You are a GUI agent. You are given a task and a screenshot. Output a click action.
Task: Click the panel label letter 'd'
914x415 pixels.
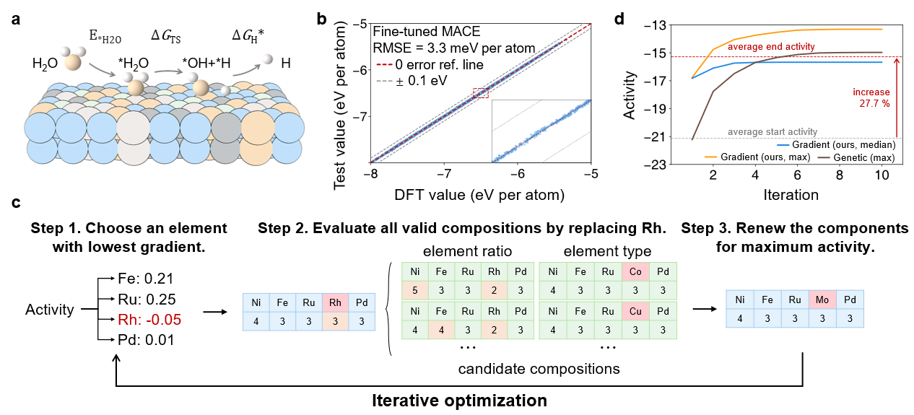pyautogui.click(x=618, y=19)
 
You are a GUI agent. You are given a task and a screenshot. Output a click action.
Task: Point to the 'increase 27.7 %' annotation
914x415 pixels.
pyautogui.click(x=871, y=98)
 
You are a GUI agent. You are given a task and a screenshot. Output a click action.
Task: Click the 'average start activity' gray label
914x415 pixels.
pyautogui.click(x=772, y=131)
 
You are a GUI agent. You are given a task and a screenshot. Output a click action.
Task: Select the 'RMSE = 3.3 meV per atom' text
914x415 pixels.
pyautogui.click(x=453, y=49)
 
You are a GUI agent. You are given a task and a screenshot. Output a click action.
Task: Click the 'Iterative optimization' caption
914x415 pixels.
pyautogui.click(x=458, y=399)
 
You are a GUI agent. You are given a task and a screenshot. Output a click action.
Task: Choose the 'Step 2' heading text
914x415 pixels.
pyautogui.click(x=462, y=229)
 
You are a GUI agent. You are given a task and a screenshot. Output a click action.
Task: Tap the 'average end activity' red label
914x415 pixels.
pyautogui.click(x=771, y=47)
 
